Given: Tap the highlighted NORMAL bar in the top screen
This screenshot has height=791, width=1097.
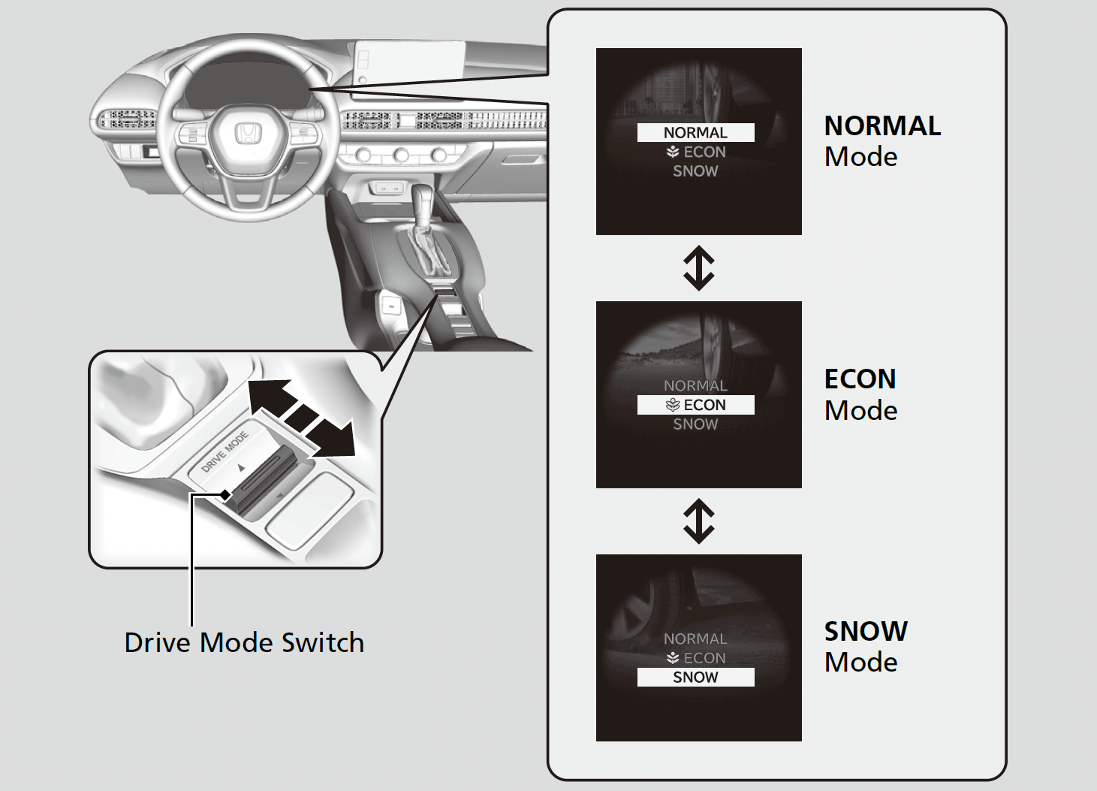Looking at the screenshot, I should tap(695, 133).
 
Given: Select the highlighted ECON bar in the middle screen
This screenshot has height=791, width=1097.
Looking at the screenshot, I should tap(695, 405).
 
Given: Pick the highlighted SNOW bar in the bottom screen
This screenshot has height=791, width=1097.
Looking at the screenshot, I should tap(695, 677).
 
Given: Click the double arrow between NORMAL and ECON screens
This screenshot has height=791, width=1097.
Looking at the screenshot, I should tap(698, 268).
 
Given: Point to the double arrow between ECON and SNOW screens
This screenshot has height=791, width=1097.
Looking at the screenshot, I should tap(698, 521).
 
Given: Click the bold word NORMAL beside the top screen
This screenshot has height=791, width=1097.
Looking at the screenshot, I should tap(882, 126).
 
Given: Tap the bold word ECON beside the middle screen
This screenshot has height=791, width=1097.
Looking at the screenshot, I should tap(860, 379).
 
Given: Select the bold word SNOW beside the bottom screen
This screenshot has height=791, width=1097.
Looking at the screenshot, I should tap(866, 631).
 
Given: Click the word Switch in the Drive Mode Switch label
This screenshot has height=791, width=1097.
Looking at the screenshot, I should tap(322, 643).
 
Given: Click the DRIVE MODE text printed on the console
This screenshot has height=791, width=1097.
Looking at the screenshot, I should tap(225, 451).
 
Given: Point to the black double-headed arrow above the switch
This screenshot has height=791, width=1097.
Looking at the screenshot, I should tap(301, 416).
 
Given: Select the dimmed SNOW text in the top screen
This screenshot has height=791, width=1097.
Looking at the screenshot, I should tap(695, 171).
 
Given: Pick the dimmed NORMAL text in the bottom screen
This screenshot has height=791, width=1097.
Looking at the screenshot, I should tap(695, 639).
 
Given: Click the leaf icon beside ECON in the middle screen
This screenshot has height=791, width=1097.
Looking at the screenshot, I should tap(673, 405).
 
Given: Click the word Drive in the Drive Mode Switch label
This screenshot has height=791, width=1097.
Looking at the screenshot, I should tap(158, 643).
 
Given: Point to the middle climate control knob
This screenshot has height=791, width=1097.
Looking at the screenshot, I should tap(401, 155).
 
